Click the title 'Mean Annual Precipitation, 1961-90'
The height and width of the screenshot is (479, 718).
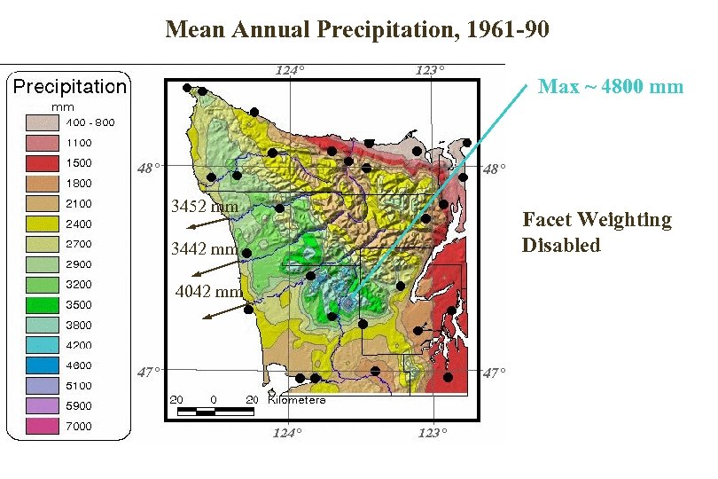tap(357, 30)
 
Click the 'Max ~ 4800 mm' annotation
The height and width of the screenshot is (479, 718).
tap(611, 86)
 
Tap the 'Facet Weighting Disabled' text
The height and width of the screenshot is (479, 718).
tap(597, 232)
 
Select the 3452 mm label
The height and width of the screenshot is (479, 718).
tap(205, 207)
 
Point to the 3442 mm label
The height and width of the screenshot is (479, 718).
tap(205, 249)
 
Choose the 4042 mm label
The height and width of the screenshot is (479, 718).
tap(209, 291)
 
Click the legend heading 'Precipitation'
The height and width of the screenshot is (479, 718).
tap(69, 86)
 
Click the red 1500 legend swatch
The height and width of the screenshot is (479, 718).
tap(41, 163)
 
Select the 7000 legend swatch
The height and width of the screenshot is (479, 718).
tap(41, 427)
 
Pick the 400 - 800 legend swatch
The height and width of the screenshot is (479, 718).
tap(41, 122)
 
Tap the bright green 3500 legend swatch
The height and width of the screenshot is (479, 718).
tap(41, 305)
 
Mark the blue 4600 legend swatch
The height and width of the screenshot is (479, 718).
tap(41, 365)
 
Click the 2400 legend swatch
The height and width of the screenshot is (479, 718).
tap(41, 224)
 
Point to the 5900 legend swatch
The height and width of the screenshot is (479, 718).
tap(41, 406)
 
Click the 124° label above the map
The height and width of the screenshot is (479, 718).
tap(288, 69)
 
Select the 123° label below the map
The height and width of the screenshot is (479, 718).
tap(432, 432)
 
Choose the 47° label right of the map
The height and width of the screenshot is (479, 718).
tap(494, 373)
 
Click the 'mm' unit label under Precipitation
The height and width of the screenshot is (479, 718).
tap(61, 106)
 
